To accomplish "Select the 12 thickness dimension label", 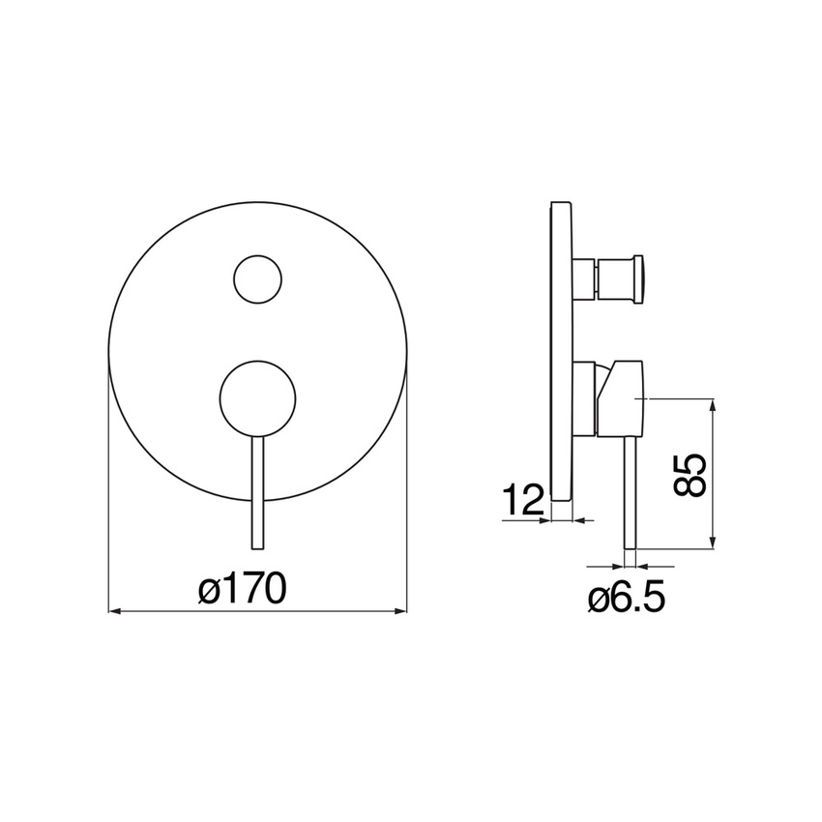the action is click(523, 500).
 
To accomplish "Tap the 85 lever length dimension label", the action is click(689, 475).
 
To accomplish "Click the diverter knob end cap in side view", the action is click(639, 279).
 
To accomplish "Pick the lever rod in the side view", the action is click(631, 493).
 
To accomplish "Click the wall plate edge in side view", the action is click(562, 351).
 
